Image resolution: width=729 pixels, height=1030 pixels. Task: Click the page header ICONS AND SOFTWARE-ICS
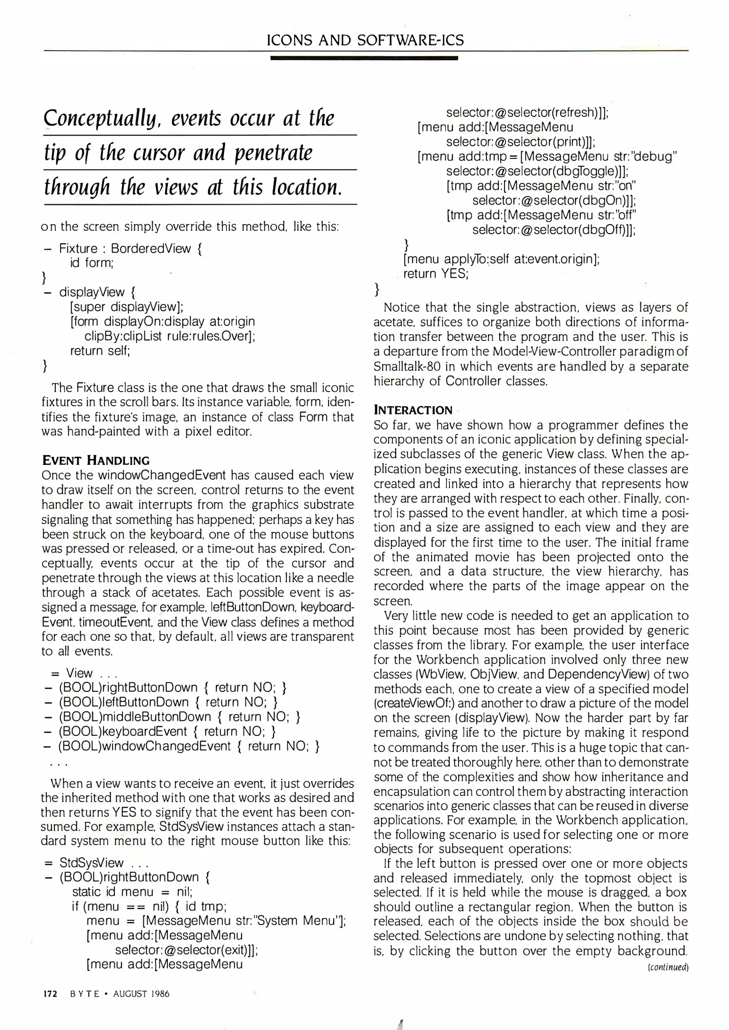pyautogui.click(x=365, y=40)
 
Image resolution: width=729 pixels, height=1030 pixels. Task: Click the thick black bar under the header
pyautogui.click(x=364, y=58)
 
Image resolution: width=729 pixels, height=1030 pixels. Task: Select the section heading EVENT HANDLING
pyautogui.click(x=96, y=460)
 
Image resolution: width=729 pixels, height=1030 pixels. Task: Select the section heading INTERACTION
pyautogui.click(x=413, y=410)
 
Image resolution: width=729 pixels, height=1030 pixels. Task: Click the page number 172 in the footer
pyautogui.click(x=50, y=994)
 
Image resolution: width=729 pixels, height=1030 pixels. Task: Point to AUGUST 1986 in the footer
pyautogui.click(x=141, y=994)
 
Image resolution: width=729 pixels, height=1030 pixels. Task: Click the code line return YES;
pyautogui.click(x=436, y=274)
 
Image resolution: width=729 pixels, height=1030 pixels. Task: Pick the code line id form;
pyautogui.click(x=92, y=263)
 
